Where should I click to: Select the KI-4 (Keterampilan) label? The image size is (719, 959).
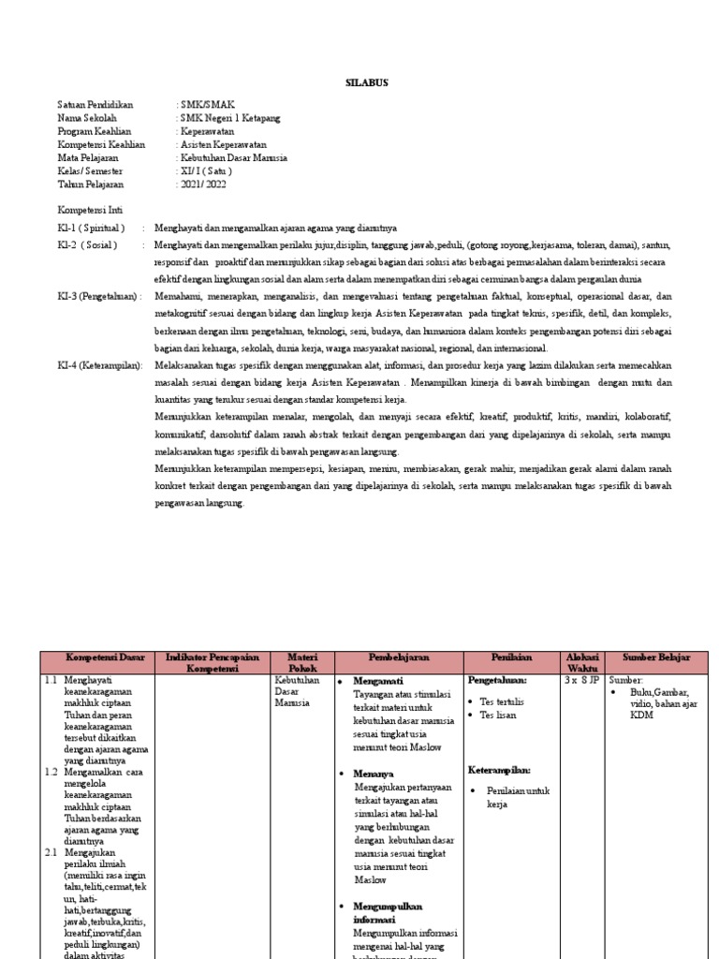coord(100,365)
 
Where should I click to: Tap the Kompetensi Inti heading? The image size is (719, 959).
coord(90,210)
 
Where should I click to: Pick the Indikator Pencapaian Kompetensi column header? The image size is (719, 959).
coord(212,663)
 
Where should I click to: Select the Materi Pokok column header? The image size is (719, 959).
coord(302,663)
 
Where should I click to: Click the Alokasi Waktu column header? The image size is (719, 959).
coord(581,663)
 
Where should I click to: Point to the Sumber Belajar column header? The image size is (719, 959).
coord(656,657)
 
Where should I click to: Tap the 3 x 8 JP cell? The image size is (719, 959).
coord(581,680)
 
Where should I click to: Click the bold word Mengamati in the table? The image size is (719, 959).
coord(379,681)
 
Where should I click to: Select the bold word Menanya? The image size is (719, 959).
coord(374,774)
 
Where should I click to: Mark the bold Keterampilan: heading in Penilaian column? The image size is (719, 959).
coord(500,769)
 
